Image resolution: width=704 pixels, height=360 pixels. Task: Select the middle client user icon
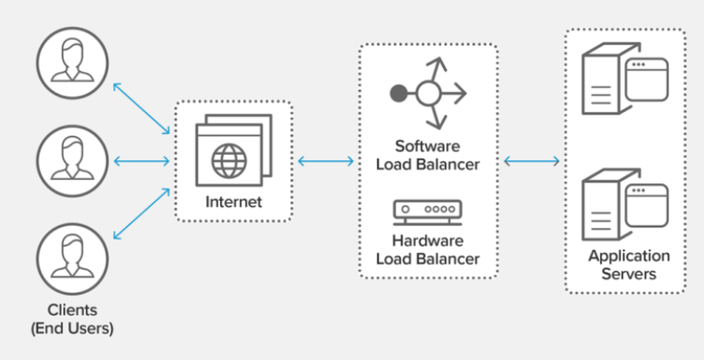[72, 160]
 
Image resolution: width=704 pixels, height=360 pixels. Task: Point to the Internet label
[233, 201]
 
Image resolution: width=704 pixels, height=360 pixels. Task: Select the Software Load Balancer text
[427, 154]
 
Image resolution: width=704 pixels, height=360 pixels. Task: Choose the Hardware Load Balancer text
[427, 250]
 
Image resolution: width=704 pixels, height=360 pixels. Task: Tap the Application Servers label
[628, 265]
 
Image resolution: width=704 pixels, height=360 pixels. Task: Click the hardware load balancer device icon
[427, 212]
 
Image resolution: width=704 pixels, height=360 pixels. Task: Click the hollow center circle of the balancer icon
[427, 92]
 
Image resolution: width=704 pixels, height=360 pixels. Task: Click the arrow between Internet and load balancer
[325, 161]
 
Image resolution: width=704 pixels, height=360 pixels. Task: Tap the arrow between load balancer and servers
[531, 161]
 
